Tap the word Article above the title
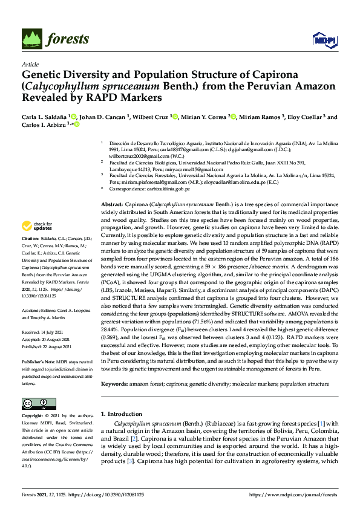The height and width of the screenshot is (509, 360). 30,63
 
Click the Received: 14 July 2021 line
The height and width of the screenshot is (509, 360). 45,332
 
